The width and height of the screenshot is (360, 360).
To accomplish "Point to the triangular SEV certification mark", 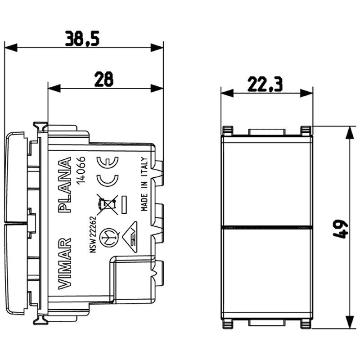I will (132, 234).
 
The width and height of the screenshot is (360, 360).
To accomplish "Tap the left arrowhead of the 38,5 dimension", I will (10, 47).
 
